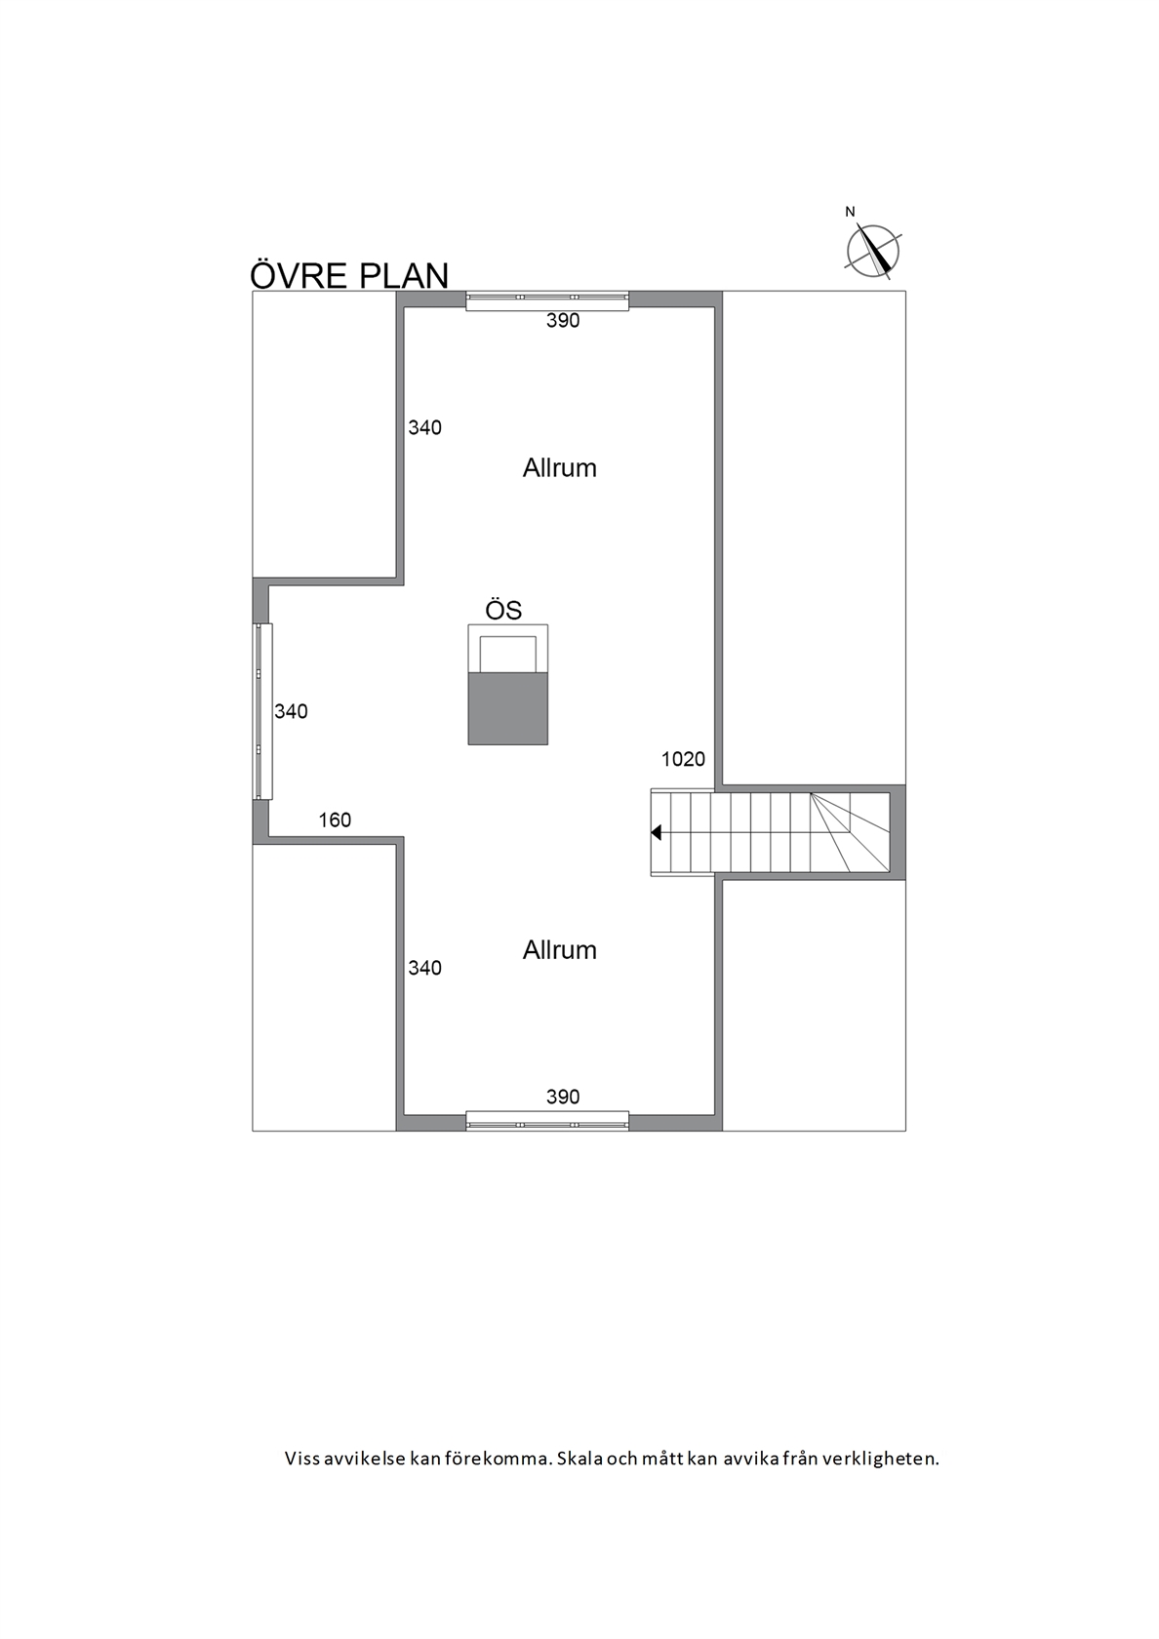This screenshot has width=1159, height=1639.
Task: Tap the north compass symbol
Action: click(x=873, y=251)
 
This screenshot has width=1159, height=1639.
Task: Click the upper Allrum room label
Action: click(x=560, y=468)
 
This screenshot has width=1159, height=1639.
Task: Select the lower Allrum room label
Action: click(x=560, y=950)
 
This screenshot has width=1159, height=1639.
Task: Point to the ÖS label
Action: click(x=504, y=610)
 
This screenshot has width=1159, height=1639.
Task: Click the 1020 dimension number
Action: click(x=683, y=759)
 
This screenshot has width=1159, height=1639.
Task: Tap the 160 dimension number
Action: click(x=336, y=820)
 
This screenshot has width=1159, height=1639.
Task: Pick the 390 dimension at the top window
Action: click(x=563, y=320)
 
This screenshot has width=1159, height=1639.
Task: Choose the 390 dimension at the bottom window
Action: click(x=563, y=1097)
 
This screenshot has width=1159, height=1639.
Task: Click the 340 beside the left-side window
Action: click(x=291, y=711)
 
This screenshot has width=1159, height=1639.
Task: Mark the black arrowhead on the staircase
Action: click(x=657, y=833)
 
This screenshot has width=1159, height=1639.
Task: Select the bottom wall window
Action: click(x=547, y=1121)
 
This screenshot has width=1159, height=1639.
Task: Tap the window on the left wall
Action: click(x=262, y=711)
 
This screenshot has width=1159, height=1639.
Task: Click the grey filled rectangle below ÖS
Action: click(x=507, y=708)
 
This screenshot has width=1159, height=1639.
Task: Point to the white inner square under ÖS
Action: click(x=507, y=654)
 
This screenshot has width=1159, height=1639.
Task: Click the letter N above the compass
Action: click(x=851, y=213)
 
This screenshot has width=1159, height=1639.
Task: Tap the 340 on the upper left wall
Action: click(x=425, y=427)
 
